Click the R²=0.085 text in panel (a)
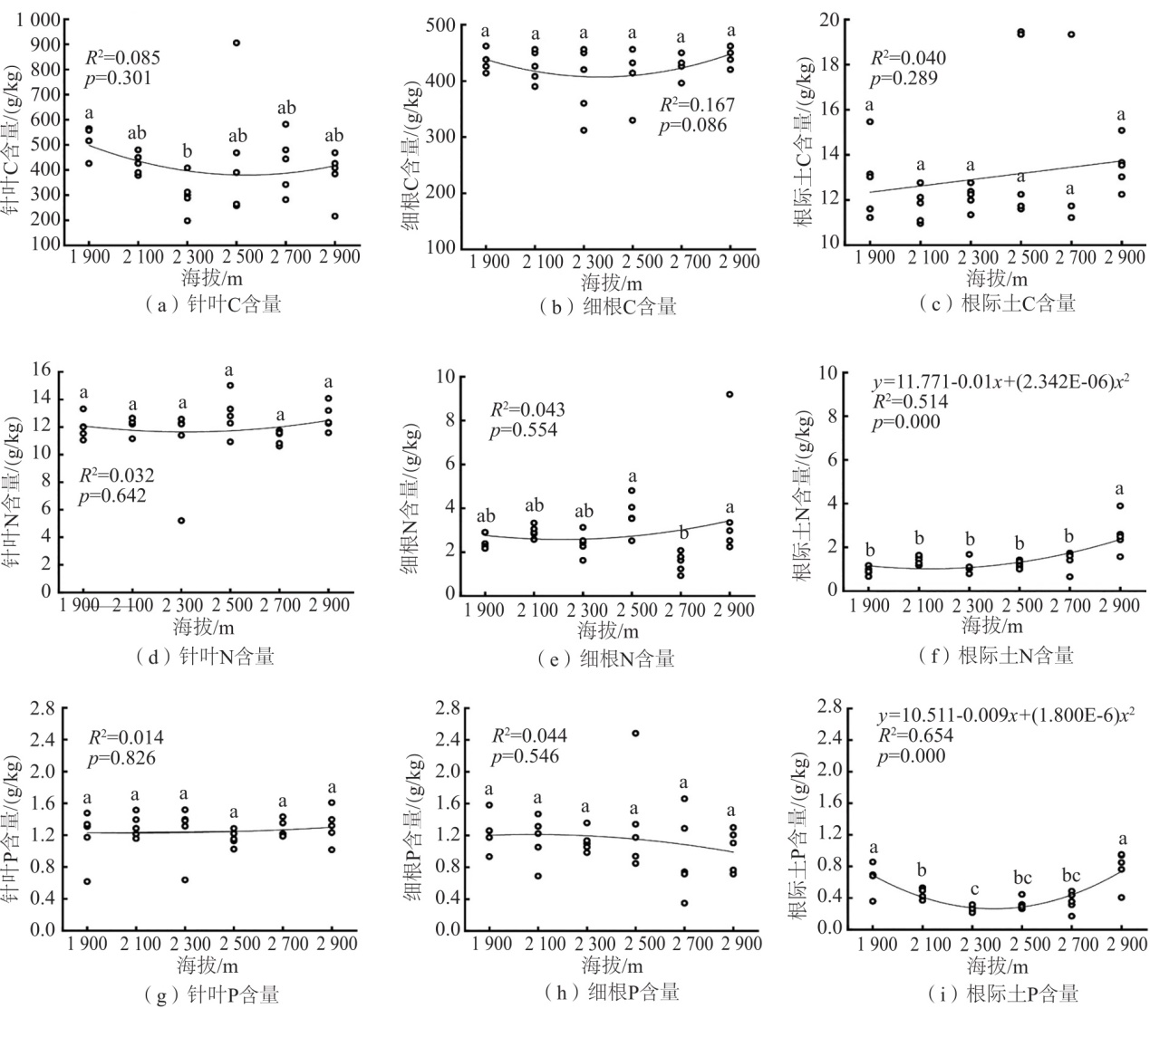122,58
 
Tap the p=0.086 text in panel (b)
692,125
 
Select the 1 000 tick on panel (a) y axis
38,19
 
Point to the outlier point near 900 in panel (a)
237,43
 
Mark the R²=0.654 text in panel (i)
914,736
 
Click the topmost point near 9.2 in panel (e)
730,394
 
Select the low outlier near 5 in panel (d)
181,521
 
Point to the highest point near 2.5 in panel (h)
635,733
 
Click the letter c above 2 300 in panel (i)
972,889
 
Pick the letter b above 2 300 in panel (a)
187,150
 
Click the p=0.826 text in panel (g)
121,758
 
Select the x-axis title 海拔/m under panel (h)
612,964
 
